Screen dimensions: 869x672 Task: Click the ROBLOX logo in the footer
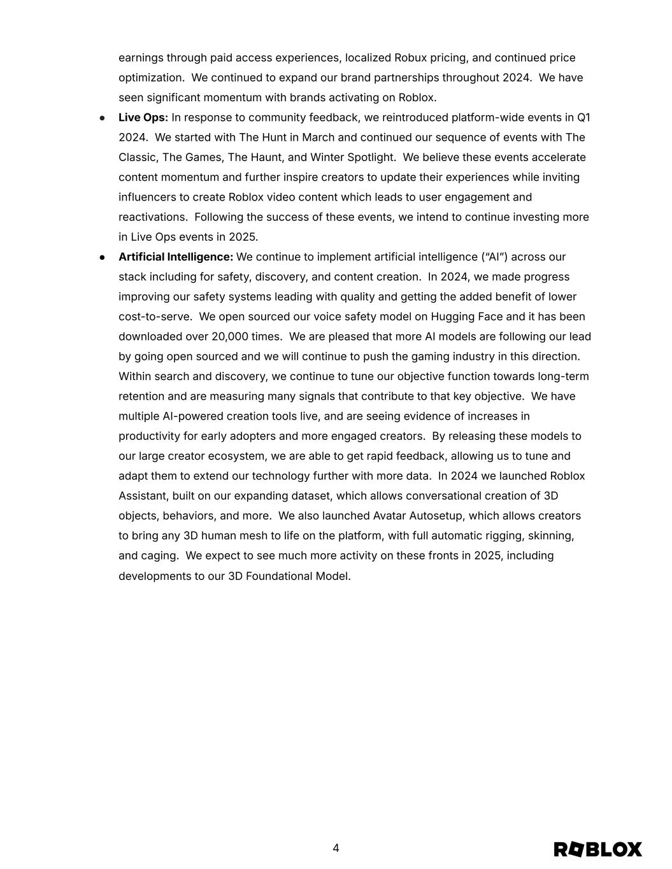coord(597,849)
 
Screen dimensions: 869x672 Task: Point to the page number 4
coord(336,848)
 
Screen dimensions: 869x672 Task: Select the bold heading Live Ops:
coord(143,118)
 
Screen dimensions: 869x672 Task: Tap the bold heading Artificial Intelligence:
coord(176,257)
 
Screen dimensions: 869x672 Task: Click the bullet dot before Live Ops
coord(102,118)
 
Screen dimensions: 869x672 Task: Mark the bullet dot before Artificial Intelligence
coord(102,257)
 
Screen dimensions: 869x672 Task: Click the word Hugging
coord(452,317)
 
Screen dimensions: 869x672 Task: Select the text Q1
coord(583,118)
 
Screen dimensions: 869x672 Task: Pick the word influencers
coord(148,197)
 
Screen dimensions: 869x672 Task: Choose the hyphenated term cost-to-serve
coord(155,317)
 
